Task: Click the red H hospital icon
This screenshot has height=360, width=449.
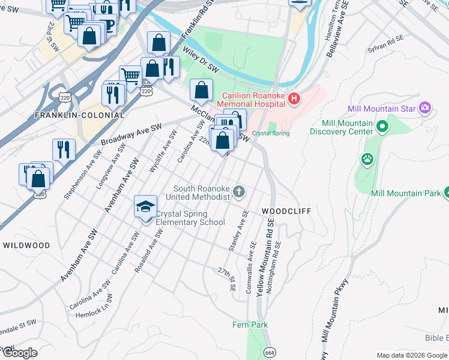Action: [294, 98]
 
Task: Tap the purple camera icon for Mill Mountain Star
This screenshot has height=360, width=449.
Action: [426, 108]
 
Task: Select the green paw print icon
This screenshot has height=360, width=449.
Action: [367, 160]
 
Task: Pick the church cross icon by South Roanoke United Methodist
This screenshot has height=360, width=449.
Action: [239, 192]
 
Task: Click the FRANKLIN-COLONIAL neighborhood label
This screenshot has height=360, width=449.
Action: [79, 115]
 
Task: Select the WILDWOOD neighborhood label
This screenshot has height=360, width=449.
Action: [26, 245]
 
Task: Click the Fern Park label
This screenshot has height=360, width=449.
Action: [250, 325]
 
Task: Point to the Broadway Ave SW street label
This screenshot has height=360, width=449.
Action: [131, 136]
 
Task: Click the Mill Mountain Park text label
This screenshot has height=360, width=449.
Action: [405, 193]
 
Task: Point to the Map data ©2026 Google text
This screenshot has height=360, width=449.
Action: [411, 355]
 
